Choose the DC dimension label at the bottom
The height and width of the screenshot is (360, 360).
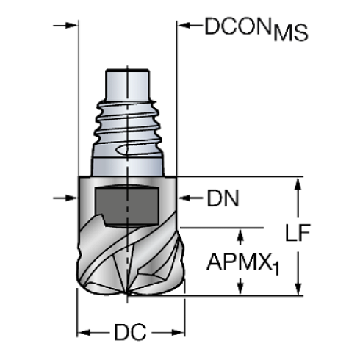point(129,334)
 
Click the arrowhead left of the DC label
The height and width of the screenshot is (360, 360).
point(84,334)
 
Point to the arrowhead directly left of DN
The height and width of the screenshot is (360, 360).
point(187,198)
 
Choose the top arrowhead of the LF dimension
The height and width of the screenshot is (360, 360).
point(298,184)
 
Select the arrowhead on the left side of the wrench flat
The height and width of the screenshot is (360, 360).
point(72,198)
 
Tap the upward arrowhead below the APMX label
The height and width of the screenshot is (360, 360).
point(240,290)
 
